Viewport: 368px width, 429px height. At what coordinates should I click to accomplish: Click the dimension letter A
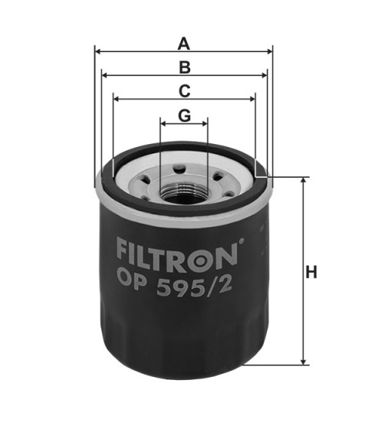click(183, 43)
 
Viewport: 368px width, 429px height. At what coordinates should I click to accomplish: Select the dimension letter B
click(184, 67)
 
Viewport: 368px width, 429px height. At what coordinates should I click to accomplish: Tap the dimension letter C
click(184, 90)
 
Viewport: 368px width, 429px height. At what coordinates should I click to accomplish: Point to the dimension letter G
click(184, 115)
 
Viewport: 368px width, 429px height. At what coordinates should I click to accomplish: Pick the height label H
click(311, 272)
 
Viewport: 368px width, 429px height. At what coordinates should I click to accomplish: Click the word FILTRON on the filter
click(178, 251)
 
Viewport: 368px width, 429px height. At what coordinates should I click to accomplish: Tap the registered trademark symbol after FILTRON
click(242, 244)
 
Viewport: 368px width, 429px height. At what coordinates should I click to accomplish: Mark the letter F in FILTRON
click(123, 251)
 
